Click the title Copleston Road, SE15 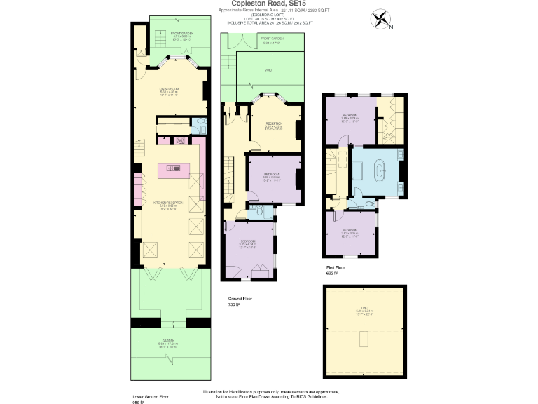click(268, 4)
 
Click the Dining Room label click(170, 89)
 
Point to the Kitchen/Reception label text click(168, 203)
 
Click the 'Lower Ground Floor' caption click(149, 396)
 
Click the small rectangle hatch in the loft click(362, 340)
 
